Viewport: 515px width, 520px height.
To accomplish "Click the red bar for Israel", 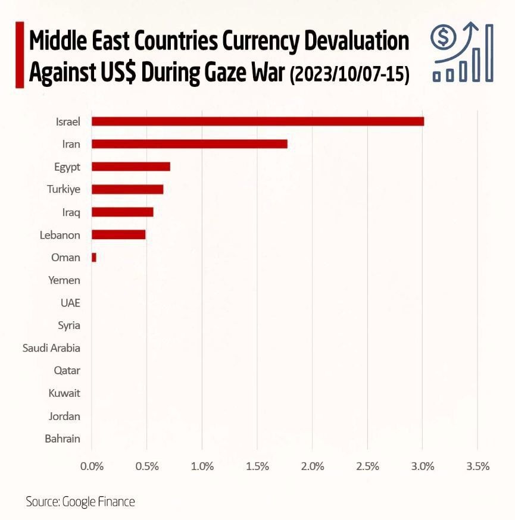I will coord(258,121).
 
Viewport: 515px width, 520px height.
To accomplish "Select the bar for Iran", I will coord(189,144).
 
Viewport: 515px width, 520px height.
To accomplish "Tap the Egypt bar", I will coord(131,167).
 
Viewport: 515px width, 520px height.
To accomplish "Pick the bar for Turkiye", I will coord(127,189).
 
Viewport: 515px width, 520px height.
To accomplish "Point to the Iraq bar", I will coord(123,212).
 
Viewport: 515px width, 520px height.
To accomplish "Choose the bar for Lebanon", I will coord(118,234).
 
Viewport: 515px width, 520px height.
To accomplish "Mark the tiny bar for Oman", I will coord(94,257).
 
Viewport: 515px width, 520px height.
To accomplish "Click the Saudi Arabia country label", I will coord(51,348).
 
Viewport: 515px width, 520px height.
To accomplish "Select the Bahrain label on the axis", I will coord(63,439).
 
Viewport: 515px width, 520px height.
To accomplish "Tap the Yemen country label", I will coord(64,280).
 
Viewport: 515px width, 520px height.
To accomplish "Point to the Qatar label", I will coord(67,371).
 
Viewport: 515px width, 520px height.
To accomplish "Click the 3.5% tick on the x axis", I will coord(477,466).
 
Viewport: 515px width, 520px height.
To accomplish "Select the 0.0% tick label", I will coord(92,466).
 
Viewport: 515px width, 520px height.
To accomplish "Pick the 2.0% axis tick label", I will coord(313,466).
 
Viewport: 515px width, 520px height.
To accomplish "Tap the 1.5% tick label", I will coord(257,466).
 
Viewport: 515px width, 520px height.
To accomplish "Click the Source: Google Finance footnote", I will coord(80,502).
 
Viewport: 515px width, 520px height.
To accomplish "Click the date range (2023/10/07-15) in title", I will coord(349,76).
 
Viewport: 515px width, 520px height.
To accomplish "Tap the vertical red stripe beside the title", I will coord(19,55).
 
